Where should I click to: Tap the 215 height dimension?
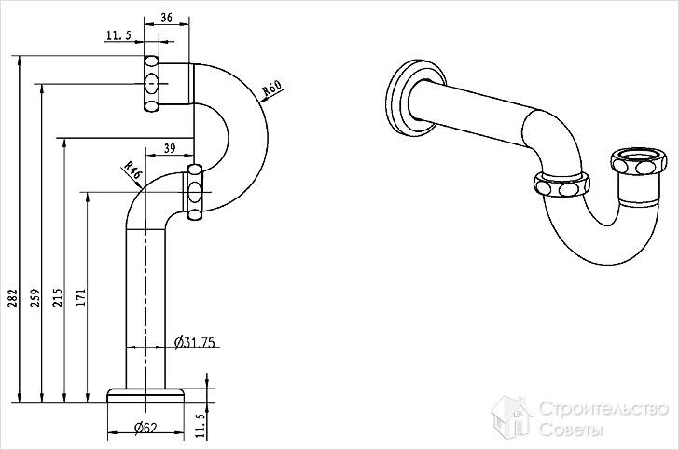click(57, 298)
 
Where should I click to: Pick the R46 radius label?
click(132, 170)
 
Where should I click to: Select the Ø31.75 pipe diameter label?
click(195, 343)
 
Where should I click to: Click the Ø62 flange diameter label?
click(144, 428)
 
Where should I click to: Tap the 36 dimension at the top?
click(168, 17)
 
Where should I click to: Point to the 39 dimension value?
click(170, 148)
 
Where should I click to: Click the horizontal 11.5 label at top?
click(118, 35)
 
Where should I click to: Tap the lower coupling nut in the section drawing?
click(194, 193)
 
